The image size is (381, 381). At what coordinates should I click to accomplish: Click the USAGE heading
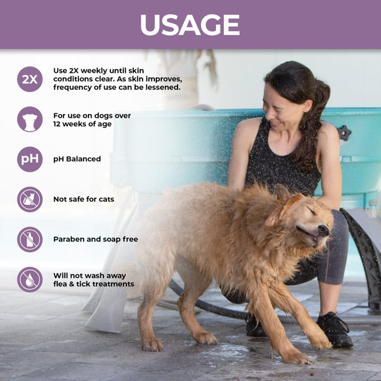190,25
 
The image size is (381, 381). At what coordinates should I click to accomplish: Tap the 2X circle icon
30,79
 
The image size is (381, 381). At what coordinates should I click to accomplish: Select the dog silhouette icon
30,119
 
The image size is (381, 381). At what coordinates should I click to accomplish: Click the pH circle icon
30,159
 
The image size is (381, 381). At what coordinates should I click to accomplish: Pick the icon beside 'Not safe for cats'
30,199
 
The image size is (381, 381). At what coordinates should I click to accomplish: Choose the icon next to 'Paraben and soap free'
30,239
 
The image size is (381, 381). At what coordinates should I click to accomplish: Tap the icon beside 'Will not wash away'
30,280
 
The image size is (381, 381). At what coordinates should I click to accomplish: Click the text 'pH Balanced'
77,159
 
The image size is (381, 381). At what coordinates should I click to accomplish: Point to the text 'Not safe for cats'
84,199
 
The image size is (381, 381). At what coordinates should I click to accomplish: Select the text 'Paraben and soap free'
96,239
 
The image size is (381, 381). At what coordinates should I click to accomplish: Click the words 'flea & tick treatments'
94,285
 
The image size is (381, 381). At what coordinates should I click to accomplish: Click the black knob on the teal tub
344,133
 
